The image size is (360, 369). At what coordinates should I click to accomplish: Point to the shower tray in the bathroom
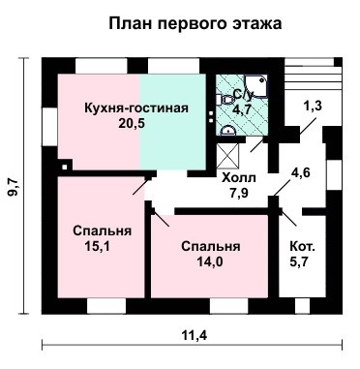coord(227,86)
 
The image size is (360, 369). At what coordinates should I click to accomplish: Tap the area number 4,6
coord(302,174)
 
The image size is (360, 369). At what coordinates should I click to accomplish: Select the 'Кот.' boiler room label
coord(302,246)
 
